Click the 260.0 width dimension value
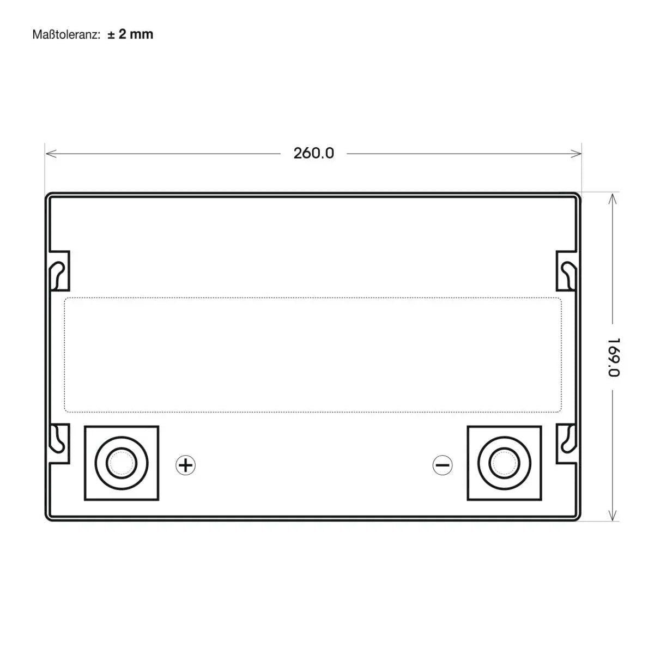tap(313, 153)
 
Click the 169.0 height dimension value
tap(614, 356)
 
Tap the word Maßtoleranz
tap(65, 34)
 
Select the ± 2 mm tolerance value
tap(130, 34)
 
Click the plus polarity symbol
tap(186, 465)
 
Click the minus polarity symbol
tap(442, 465)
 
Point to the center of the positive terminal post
tap(122, 463)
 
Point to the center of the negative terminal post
tap(504, 463)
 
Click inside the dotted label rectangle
tap(313, 354)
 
